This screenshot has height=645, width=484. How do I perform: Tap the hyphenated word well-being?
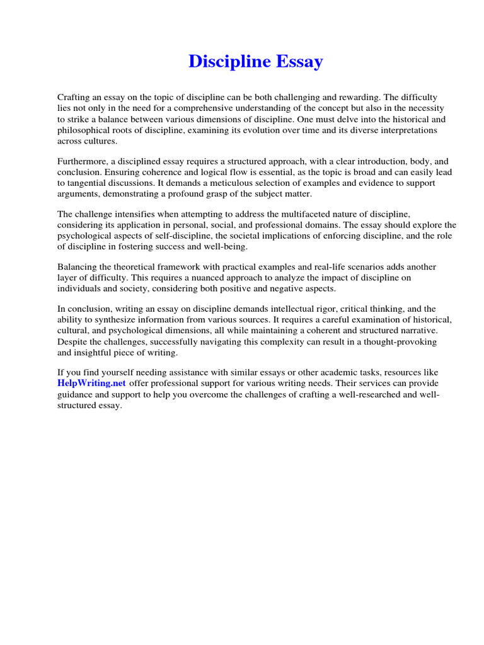point(228,247)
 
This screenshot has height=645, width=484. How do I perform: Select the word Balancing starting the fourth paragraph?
point(78,268)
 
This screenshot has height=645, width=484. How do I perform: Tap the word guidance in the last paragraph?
point(78,395)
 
